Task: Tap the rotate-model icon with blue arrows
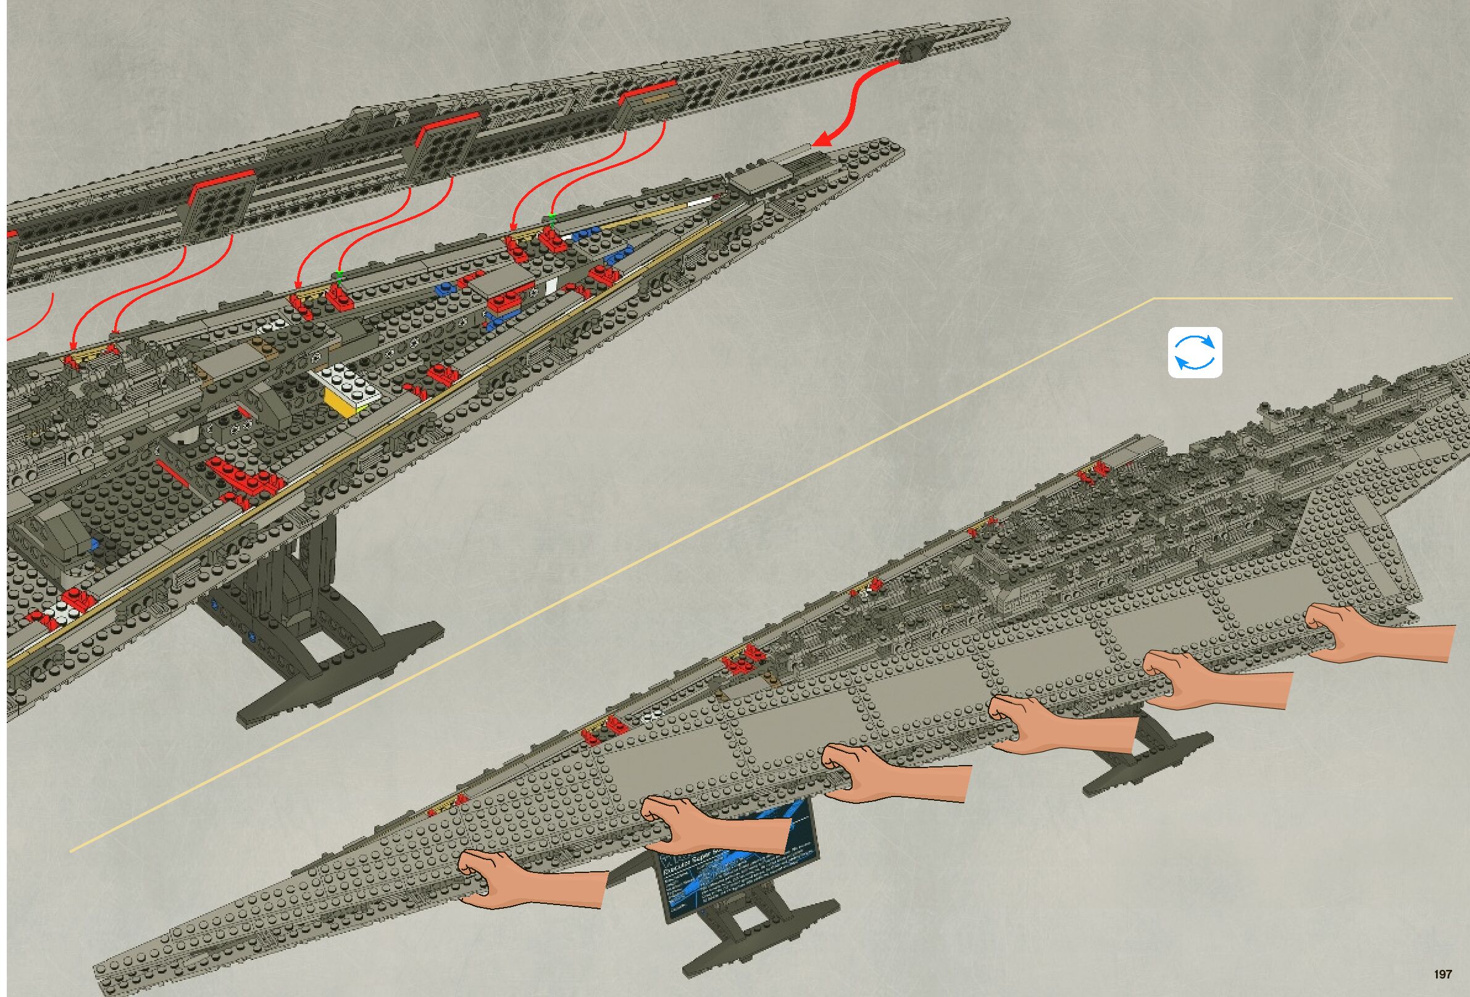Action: click(1195, 353)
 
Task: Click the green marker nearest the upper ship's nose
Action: click(552, 219)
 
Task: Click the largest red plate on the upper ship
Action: click(243, 475)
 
